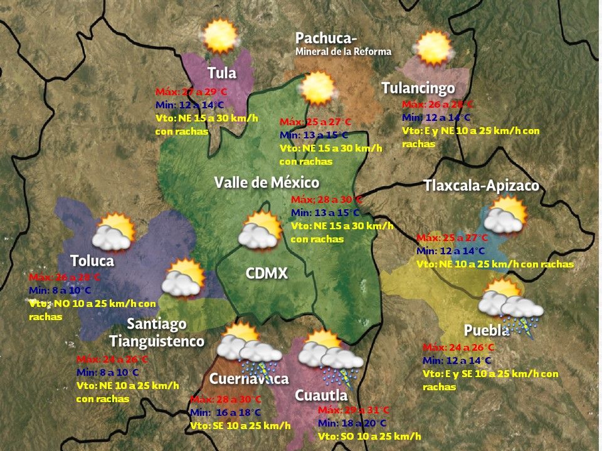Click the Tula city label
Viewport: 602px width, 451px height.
click(x=222, y=73)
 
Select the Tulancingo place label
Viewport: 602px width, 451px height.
click(x=418, y=88)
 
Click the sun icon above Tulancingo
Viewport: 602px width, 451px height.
click(x=433, y=48)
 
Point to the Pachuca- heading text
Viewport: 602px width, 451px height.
click(x=326, y=39)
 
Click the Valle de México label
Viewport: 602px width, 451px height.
click(x=267, y=182)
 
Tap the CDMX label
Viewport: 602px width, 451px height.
click(x=267, y=273)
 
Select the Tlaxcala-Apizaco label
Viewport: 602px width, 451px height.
click(x=481, y=186)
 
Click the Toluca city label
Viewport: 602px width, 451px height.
click(x=92, y=261)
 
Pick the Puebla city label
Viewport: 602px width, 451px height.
click(x=487, y=331)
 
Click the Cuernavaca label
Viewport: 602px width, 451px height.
click(x=249, y=379)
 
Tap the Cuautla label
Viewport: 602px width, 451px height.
click(x=321, y=395)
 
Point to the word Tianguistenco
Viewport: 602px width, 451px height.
click(x=157, y=341)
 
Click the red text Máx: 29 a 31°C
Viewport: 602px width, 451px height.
click(x=353, y=410)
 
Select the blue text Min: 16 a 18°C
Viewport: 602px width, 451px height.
click(x=224, y=413)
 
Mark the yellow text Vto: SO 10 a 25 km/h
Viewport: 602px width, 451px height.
click(x=369, y=437)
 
